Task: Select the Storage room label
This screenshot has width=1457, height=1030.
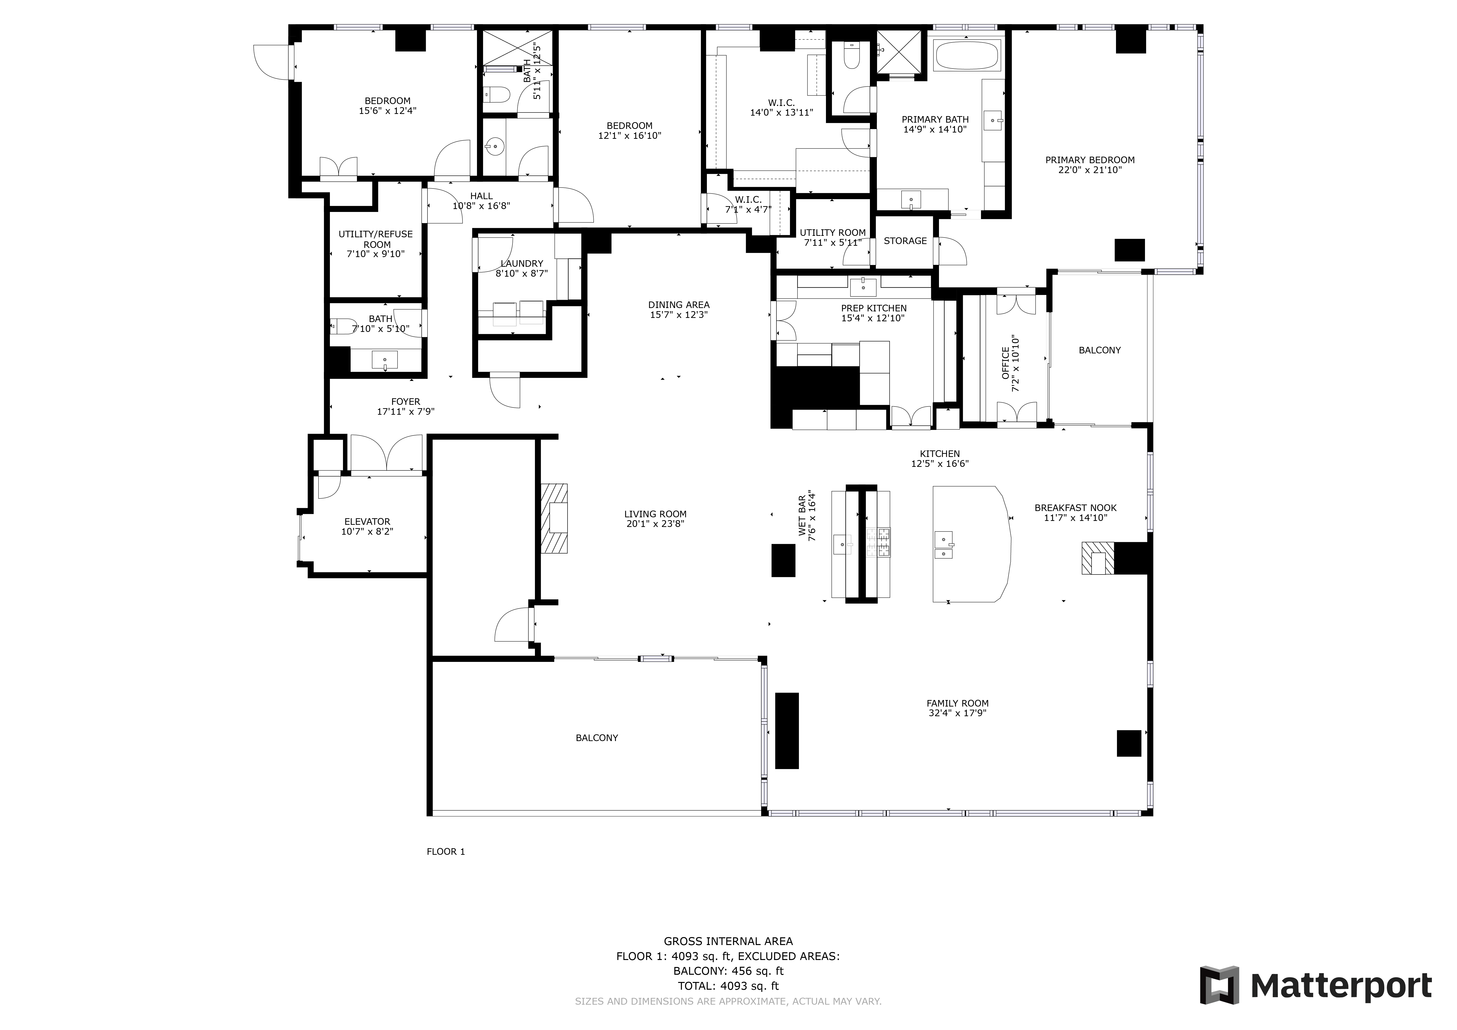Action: point(905,241)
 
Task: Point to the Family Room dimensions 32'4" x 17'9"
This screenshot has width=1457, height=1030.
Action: point(957,713)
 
